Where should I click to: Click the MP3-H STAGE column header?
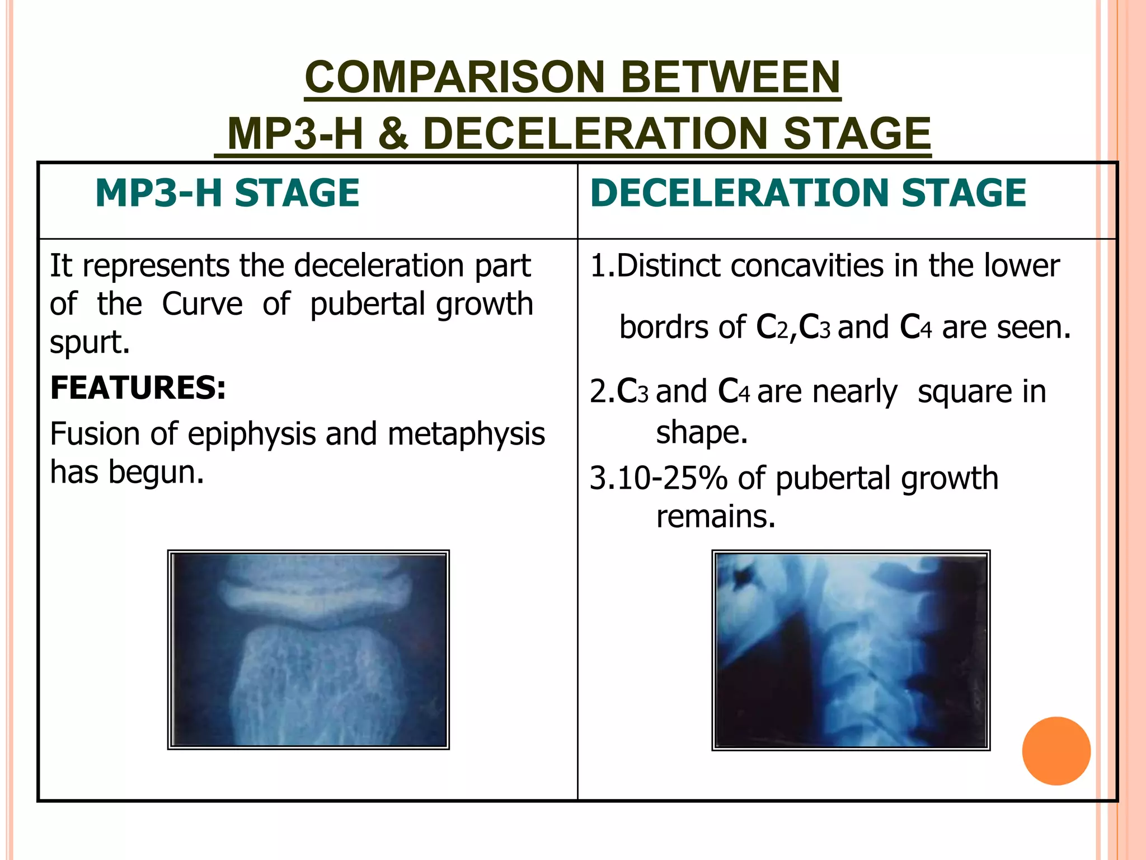tap(227, 193)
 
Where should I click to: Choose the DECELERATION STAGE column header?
tap(807, 193)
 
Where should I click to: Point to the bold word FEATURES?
tap(138, 387)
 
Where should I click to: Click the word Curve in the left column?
tap(202, 304)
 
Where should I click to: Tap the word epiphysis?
tap(252, 434)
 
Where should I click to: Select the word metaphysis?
tap(466, 434)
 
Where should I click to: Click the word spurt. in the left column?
tap(90, 342)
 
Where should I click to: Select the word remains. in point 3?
tap(716, 516)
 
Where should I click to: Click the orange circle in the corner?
tap(1056, 751)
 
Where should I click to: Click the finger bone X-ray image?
tap(308, 649)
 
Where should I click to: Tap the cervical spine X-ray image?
tap(851, 650)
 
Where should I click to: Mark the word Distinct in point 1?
tap(669, 265)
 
